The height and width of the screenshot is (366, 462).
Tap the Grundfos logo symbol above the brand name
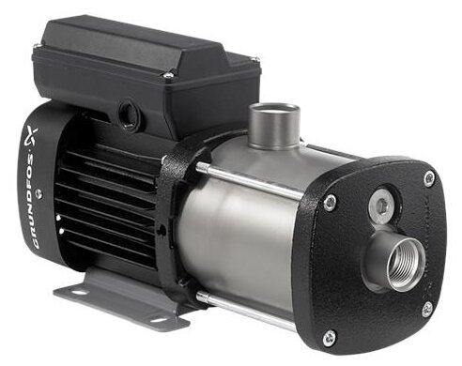click(x=33, y=135)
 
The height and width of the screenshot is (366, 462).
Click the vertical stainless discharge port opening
click(x=273, y=111)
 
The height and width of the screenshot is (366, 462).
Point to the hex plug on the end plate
click(x=381, y=206)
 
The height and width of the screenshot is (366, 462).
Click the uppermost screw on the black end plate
click(x=429, y=178)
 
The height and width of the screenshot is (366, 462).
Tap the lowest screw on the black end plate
click(x=329, y=337)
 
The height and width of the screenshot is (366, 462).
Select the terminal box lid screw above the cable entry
click(x=168, y=75)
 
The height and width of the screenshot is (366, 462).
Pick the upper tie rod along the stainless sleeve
click(x=249, y=181)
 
